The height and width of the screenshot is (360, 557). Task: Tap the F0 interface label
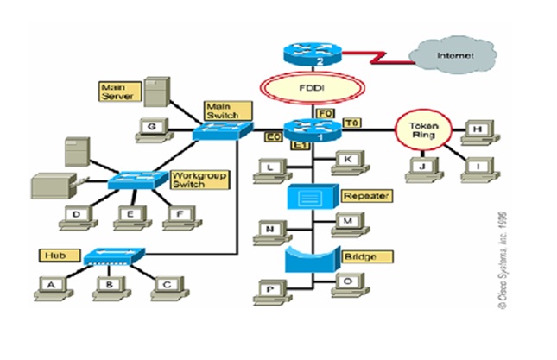tap(324, 112)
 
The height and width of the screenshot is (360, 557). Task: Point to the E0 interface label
tap(270, 136)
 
